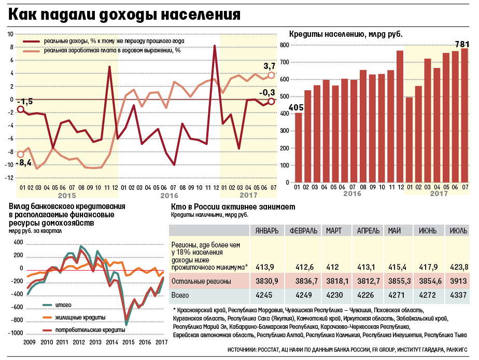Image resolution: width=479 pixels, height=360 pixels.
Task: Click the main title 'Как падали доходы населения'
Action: point(124,14)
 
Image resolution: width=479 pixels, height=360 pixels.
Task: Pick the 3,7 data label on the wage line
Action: point(270,66)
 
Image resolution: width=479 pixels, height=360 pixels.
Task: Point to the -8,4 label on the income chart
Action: point(22,163)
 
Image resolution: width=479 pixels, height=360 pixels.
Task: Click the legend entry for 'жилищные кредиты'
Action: point(74,316)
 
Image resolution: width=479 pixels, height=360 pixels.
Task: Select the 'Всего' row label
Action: point(181,295)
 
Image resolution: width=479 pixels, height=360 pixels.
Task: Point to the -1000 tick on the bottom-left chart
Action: point(15,333)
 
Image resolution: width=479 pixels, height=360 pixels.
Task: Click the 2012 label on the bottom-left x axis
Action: point(79,342)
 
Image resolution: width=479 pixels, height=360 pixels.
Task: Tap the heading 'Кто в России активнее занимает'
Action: point(233,206)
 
